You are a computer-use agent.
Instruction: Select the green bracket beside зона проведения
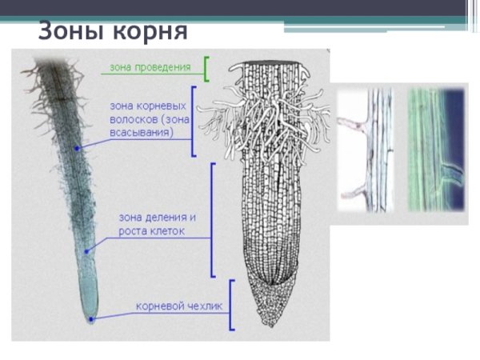(x=206, y=69)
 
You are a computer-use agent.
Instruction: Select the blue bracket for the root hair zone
(x=193, y=121)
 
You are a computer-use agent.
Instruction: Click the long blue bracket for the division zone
(x=212, y=219)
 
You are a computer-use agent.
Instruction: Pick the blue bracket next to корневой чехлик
(x=231, y=305)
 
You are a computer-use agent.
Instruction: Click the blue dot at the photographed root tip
(x=92, y=318)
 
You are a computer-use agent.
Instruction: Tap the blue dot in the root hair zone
(x=78, y=149)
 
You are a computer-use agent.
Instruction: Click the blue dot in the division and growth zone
(x=86, y=250)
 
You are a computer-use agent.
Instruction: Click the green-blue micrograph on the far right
(x=436, y=152)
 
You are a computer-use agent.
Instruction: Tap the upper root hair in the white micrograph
(x=352, y=123)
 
